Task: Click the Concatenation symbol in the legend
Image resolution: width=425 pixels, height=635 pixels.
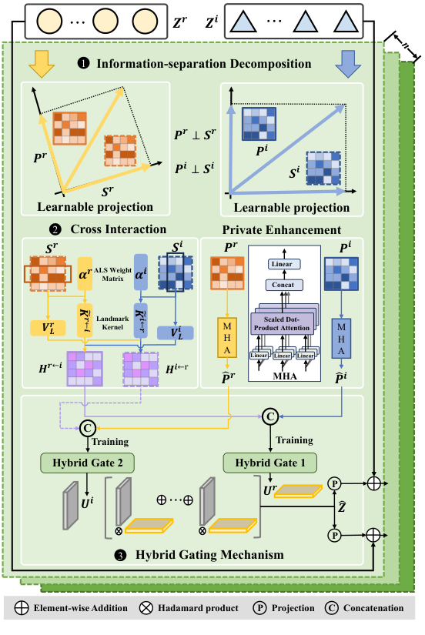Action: [323, 609]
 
